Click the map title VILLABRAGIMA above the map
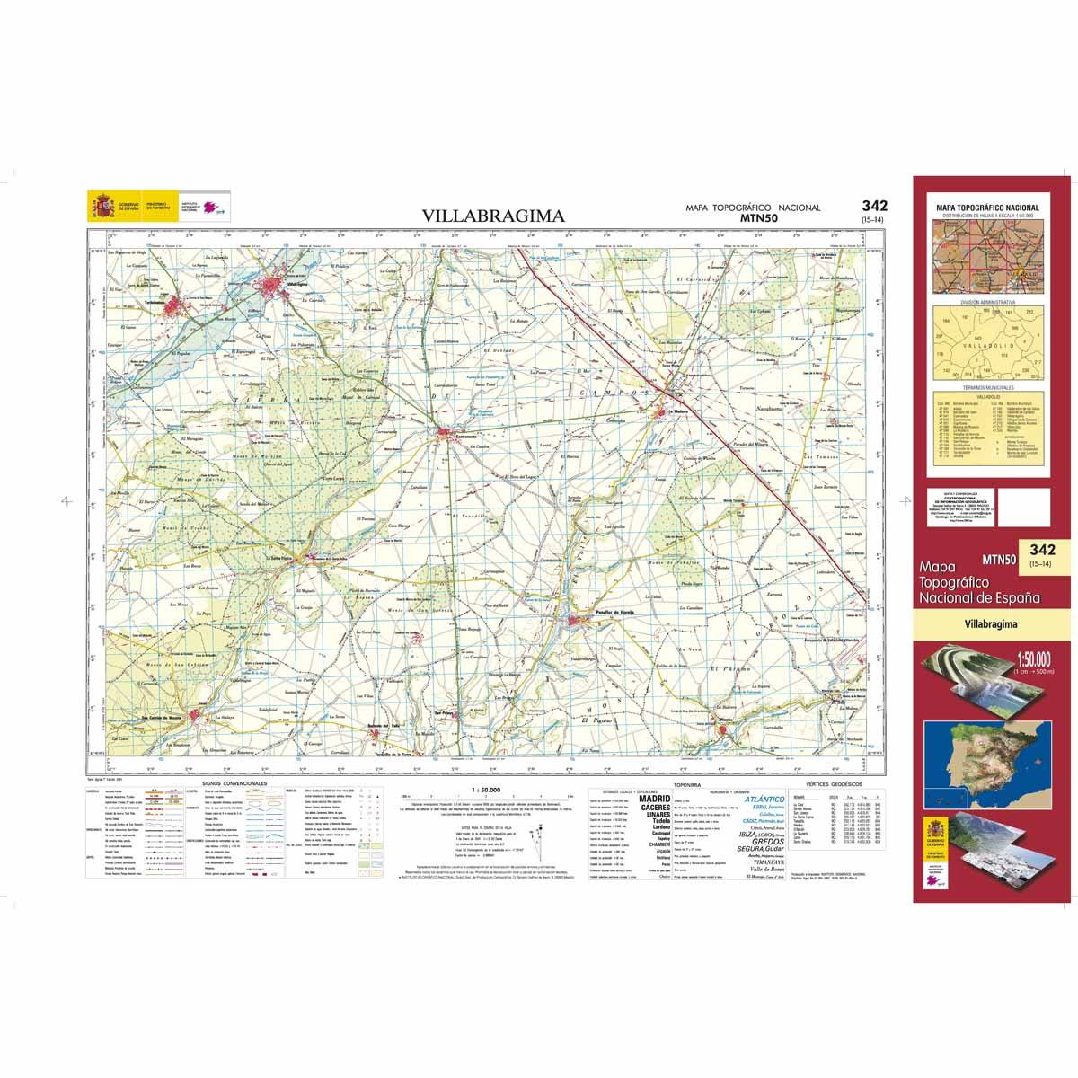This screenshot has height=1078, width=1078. (x=493, y=216)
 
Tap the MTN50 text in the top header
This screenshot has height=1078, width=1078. (x=759, y=217)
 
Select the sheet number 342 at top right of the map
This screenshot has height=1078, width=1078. (x=872, y=206)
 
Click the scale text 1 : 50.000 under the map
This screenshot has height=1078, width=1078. (x=484, y=789)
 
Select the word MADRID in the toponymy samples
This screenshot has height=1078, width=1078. (x=653, y=798)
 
